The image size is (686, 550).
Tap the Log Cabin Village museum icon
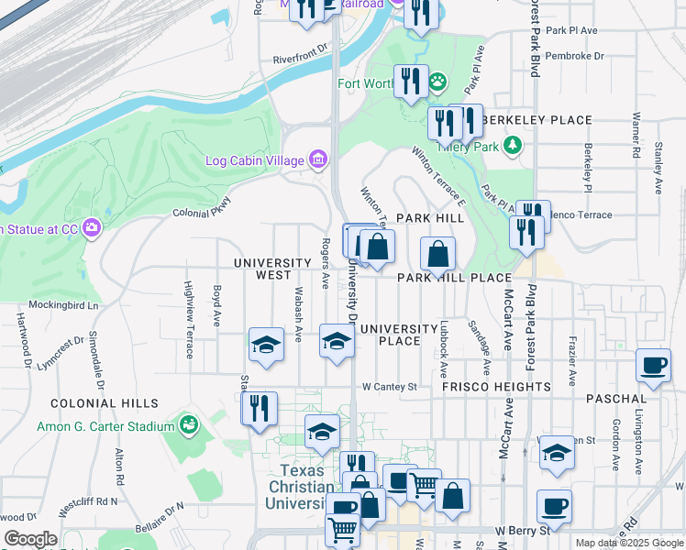point(318,160)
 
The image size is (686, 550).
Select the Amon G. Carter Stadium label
point(105,426)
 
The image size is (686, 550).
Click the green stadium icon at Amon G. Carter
point(189,424)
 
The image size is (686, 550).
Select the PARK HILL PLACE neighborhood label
point(453,277)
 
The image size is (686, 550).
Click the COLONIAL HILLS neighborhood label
point(97,403)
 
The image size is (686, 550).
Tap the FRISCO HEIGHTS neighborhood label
point(496,387)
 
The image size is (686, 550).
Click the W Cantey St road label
point(389,387)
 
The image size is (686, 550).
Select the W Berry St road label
point(521,531)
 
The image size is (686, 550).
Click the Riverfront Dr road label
point(299,60)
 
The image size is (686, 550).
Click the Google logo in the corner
point(30,539)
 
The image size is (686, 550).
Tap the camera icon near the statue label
point(91,227)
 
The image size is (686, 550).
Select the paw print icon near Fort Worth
point(438,82)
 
